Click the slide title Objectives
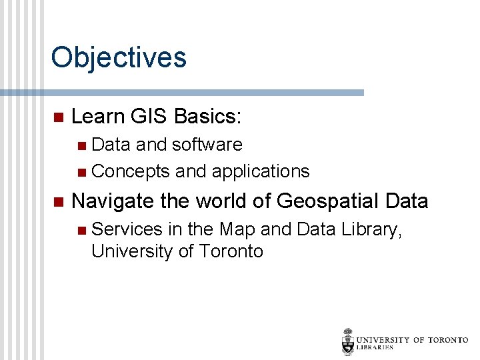119,58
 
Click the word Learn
98,117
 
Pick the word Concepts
131,171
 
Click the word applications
260,171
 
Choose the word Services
127,229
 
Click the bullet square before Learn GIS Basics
57,117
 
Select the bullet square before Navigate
57,201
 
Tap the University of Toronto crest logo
347,341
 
